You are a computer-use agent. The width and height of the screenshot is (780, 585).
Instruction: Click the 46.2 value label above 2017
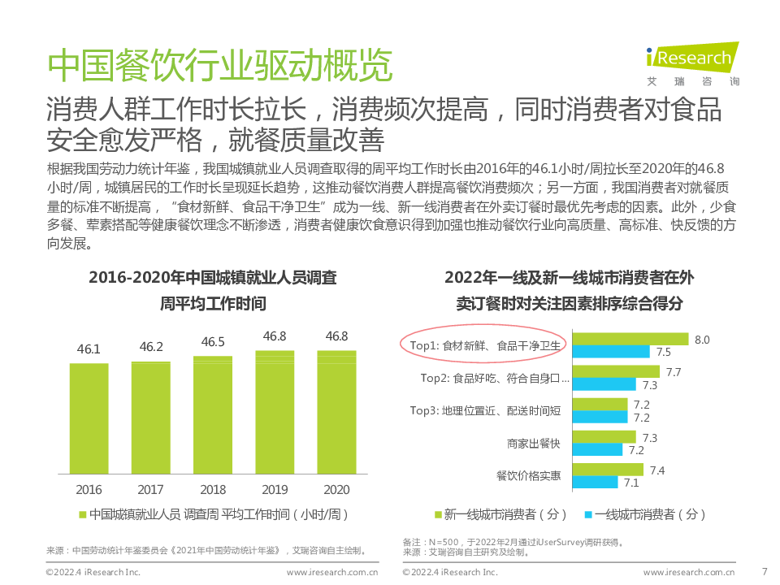click(151, 347)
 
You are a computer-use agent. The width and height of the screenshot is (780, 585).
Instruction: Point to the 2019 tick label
click(275, 490)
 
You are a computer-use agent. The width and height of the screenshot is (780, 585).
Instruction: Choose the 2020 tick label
click(336, 490)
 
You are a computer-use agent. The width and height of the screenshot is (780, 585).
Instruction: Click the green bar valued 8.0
click(630, 340)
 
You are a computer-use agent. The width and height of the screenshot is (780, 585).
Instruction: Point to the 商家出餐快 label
click(533, 443)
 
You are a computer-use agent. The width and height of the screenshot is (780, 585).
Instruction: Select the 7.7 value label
click(673, 372)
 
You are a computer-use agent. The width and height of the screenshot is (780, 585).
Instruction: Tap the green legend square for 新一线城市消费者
click(439, 514)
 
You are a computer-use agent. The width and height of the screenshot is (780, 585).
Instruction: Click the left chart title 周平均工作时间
click(213, 305)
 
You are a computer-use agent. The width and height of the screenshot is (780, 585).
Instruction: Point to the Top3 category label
click(485, 410)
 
